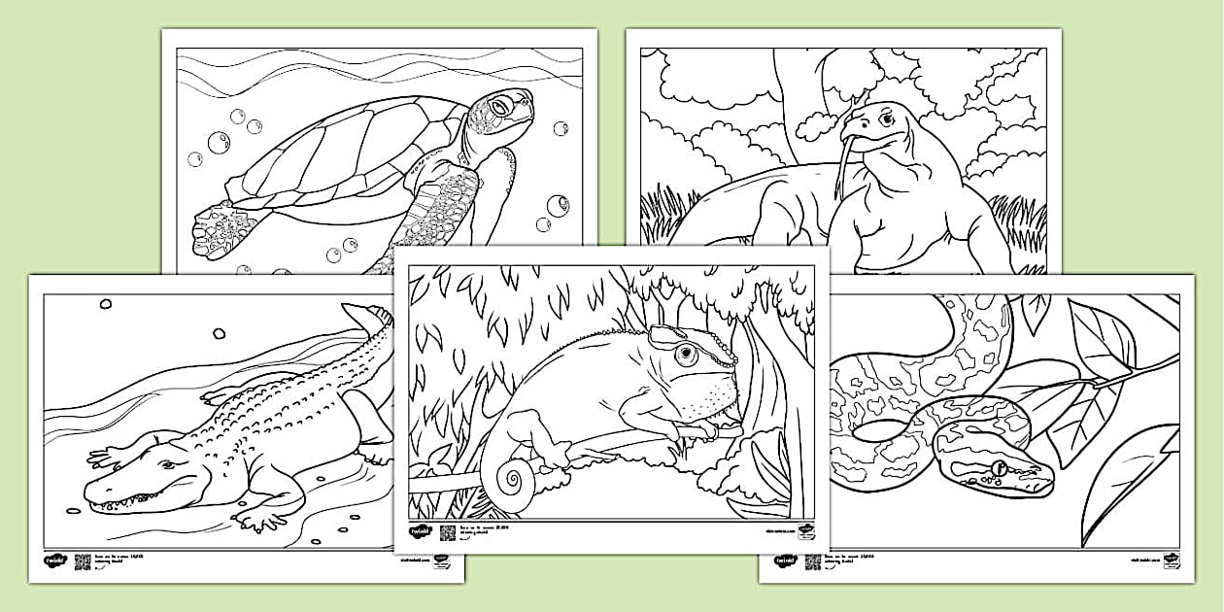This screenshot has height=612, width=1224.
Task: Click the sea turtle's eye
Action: [x=501, y=104]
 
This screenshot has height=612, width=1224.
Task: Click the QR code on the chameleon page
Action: [x=448, y=532]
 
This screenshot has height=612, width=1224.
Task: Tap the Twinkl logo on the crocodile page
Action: [x=55, y=561]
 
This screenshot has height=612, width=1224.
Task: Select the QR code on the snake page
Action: [x=812, y=561]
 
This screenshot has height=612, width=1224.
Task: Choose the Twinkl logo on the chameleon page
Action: [x=420, y=532]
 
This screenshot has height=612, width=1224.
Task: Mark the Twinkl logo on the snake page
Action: [x=784, y=561]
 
